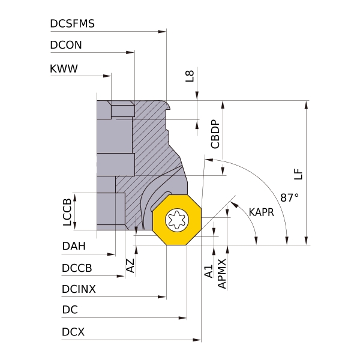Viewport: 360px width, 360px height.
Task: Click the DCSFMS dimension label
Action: [72, 24]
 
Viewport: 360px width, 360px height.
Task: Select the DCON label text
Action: [66, 45]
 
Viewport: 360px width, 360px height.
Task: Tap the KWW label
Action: [64, 68]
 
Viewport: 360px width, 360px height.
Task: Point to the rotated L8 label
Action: [190, 76]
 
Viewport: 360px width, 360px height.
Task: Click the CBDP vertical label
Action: [215, 134]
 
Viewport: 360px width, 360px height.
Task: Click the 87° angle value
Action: [289, 197]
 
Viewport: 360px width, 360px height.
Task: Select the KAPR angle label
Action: [261, 212]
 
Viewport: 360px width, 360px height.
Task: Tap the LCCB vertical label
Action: [67, 212]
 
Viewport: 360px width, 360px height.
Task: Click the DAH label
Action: [73, 246]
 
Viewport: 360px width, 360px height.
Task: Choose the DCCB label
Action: [76, 268]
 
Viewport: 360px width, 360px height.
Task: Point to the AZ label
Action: [130, 266]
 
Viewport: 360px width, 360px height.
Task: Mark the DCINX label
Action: [79, 289]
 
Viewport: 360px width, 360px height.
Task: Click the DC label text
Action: [70, 311]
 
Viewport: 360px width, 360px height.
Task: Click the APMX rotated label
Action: [222, 274]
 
